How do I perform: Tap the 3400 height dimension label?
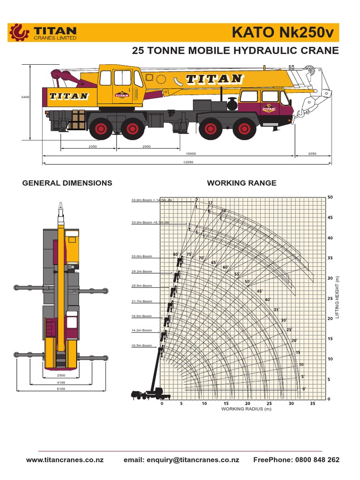[25, 97]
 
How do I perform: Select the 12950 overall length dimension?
[188, 162]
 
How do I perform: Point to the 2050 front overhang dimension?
[312, 153]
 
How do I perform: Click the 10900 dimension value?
[191, 153]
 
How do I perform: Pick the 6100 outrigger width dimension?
[61, 389]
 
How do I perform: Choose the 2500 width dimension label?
[61, 376]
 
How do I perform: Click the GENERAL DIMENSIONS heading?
[67, 183]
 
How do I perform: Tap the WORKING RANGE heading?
[241, 183]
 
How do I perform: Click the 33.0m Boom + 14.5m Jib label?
[152, 200]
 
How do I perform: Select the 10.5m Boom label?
[142, 345]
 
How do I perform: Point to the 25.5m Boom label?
[142, 285]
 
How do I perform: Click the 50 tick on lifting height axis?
[330, 197]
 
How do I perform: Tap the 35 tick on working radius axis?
[313, 404]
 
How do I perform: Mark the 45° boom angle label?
[259, 291]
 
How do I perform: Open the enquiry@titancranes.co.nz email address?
[181, 460]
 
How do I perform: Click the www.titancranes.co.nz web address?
[65, 460]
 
